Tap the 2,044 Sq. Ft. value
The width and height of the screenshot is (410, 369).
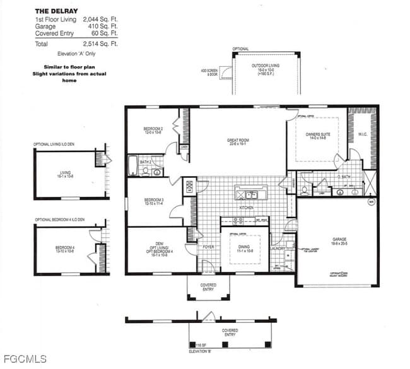pos(100,20)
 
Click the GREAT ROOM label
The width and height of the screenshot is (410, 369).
pos(238,141)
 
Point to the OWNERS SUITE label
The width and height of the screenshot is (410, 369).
pos(318,134)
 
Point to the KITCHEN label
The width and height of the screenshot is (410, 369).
pos(246,207)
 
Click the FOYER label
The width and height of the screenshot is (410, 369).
pos(208,247)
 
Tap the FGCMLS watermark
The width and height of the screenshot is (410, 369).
pos(24,359)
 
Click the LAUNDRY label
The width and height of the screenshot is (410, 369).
pos(278,248)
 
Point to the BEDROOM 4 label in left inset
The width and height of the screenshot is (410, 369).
pos(65,248)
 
